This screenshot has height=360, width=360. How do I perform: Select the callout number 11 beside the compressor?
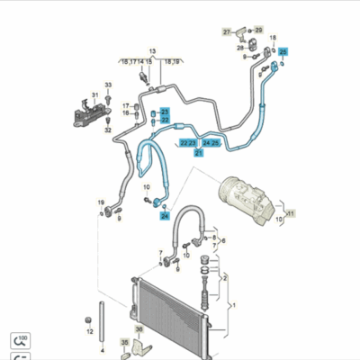pos(291,213)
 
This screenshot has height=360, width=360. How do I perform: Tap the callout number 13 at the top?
pos(152,51)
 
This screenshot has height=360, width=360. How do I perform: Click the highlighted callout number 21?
pos(199,153)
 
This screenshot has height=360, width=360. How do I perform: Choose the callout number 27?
pos(227,32)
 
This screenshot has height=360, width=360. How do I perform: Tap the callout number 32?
pos(108,130)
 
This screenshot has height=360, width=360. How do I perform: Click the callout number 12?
pos(89,331)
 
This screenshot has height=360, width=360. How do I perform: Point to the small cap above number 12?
pos(89,319)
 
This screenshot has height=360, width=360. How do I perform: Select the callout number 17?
pos(126,106)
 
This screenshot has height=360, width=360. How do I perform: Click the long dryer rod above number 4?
pos(103,319)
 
